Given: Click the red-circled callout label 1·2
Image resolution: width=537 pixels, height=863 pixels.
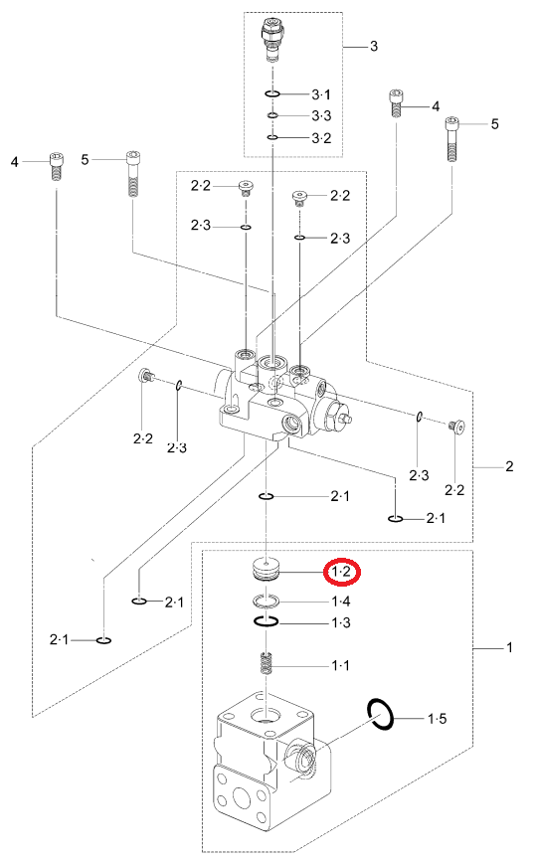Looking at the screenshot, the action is click(341, 573).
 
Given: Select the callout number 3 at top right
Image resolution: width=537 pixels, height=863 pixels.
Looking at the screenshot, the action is click(374, 46).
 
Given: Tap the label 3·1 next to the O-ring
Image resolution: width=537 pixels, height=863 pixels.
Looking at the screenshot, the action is click(321, 94).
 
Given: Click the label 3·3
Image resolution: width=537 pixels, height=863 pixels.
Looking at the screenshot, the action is click(321, 115).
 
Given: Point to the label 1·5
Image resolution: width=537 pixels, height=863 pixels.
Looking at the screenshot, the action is click(438, 718).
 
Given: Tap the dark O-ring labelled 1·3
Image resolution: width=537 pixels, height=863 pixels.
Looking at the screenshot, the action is click(267, 621).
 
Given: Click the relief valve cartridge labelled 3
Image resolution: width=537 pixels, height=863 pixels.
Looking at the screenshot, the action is click(272, 38).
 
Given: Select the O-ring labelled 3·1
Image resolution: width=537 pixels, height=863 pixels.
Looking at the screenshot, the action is click(272, 93).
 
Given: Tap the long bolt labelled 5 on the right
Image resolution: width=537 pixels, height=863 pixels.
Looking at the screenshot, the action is click(451, 139).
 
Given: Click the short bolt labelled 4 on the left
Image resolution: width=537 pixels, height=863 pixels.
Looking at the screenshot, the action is click(56, 166).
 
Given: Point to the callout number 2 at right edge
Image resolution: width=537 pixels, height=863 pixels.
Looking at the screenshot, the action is click(509, 466).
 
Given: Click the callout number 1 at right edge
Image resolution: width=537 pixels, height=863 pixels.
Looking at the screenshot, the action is click(509, 647).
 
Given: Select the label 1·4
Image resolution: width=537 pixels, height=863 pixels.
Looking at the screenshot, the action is click(341, 602).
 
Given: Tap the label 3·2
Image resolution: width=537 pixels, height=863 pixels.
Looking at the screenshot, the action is click(321, 137).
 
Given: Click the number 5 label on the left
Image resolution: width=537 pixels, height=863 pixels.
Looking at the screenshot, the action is click(85, 160).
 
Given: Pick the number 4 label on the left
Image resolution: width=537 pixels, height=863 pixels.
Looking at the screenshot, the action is click(15, 162).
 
